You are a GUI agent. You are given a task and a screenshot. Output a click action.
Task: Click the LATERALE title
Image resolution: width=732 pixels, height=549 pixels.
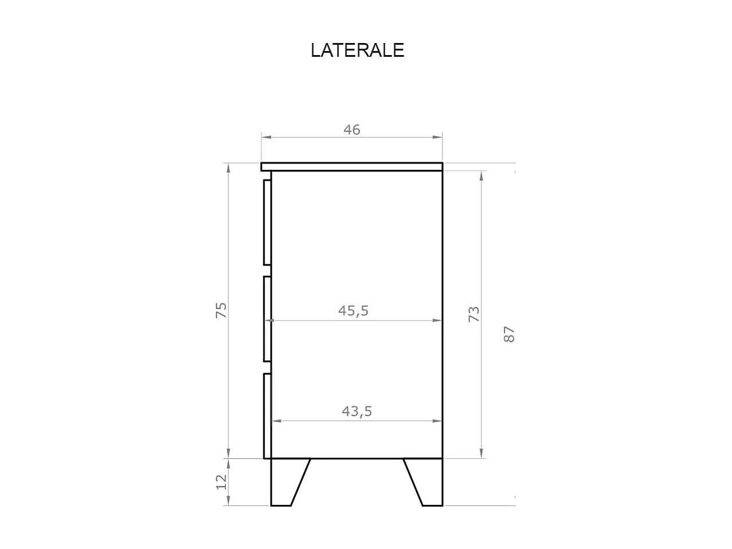(x=357, y=50)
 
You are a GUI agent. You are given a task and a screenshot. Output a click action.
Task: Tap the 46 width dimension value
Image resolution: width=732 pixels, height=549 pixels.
(x=352, y=130)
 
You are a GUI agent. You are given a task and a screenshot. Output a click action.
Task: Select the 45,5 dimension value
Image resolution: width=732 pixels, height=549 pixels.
(x=353, y=311)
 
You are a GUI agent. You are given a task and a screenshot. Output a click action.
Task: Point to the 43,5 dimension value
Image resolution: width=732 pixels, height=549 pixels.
(x=357, y=411)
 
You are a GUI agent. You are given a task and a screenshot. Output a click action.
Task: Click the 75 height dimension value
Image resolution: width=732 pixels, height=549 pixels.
(x=221, y=310)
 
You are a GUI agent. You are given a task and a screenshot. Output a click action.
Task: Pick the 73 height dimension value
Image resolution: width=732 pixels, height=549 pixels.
(x=474, y=314)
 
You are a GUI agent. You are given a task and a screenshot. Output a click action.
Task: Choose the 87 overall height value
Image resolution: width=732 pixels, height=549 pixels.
(x=509, y=334)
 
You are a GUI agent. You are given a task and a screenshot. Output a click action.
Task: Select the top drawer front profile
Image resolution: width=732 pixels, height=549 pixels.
(x=267, y=222)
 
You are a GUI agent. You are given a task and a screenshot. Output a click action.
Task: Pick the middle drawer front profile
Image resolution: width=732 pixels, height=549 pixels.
(x=267, y=319)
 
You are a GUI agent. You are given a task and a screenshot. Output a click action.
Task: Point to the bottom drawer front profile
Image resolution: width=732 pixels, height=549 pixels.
(x=267, y=416)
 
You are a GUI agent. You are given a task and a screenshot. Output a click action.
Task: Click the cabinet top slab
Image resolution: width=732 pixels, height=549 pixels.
(x=352, y=166)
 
